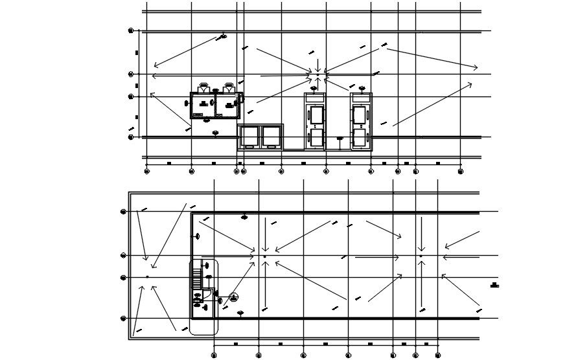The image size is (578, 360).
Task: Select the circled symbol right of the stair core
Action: [x=233, y=297]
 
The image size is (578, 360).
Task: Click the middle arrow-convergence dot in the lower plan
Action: [x=264, y=256]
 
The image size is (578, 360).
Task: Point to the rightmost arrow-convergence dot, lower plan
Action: [x=421, y=256]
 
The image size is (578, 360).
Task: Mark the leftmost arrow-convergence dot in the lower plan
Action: [x=147, y=276]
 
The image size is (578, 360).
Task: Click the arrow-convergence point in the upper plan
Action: [x=318, y=74]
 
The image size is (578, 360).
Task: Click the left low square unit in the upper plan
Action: [x=249, y=137]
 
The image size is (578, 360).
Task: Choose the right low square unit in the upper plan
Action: [x=270, y=137]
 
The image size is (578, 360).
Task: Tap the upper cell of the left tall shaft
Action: [x=316, y=115]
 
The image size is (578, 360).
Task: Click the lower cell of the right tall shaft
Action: [x=360, y=138]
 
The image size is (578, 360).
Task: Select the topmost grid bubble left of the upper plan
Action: [x=131, y=30]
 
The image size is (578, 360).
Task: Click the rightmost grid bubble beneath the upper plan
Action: [x=460, y=172]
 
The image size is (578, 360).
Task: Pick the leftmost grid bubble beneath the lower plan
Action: [x=214, y=355]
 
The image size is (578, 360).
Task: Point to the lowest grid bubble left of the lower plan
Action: [x=123, y=319]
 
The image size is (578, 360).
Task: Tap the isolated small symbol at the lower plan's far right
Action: [x=494, y=285]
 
